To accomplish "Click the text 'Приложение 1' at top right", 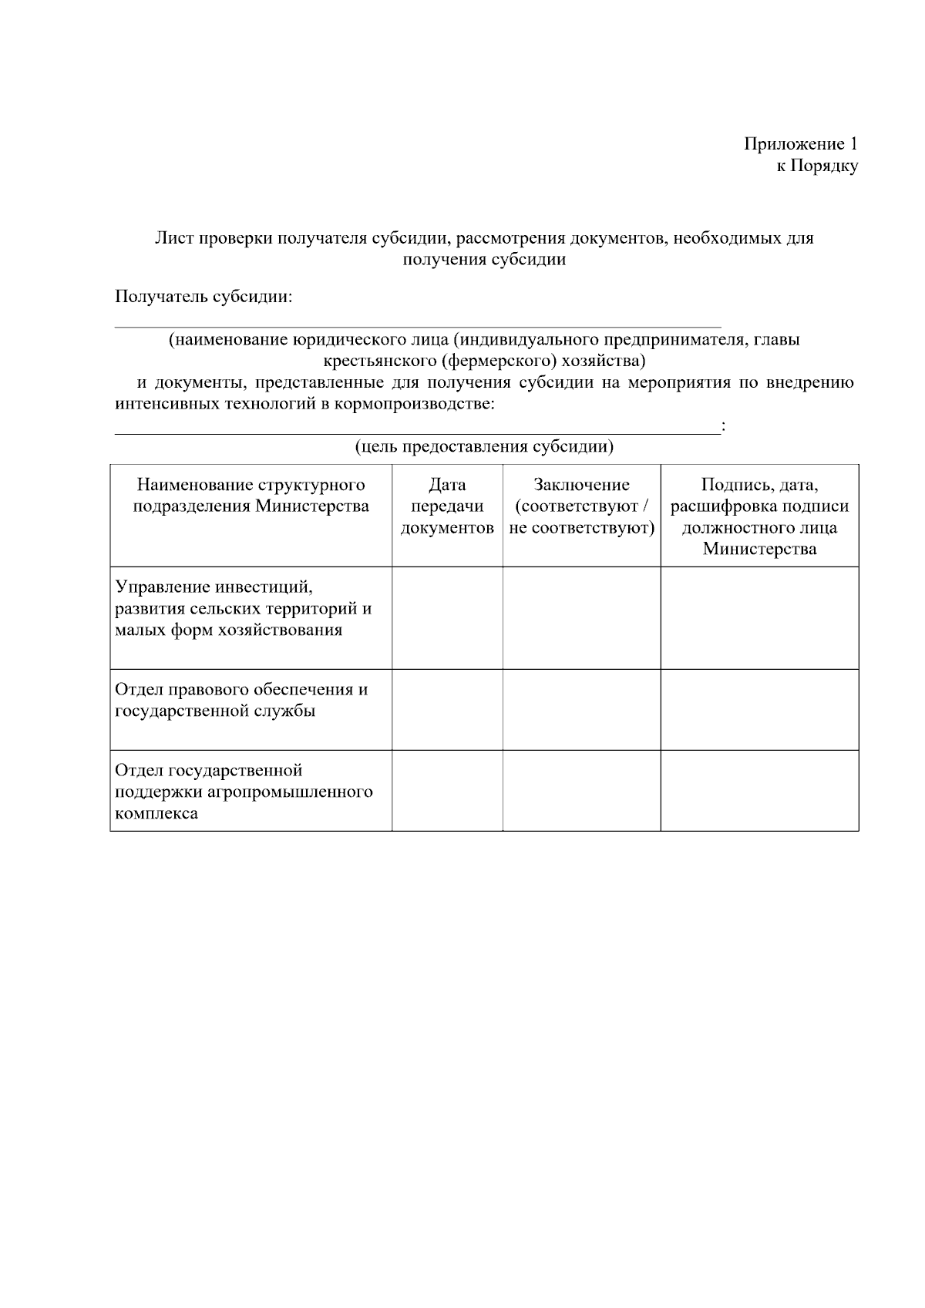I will tap(800, 144).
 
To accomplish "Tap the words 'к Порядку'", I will tap(816, 166).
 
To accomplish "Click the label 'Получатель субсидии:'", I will tap(203, 297).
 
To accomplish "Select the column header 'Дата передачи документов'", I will tap(447, 506).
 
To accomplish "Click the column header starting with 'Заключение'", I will tap(581, 506).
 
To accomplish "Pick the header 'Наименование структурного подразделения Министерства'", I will tap(251, 496).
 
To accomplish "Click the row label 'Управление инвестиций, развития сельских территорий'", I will tap(243, 609).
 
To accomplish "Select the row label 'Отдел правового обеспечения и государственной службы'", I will tap(241, 700).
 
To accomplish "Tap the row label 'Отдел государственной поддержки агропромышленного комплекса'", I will tap(244, 792).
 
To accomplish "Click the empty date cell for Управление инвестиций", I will tap(447, 617).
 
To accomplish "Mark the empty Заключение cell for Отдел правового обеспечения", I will tap(581, 709).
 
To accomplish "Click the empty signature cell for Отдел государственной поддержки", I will tap(759, 790).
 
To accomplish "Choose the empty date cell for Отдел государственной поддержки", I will tap(447, 790).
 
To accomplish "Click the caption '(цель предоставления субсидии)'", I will tap(484, 447).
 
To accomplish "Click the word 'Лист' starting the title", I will tap(173, 238).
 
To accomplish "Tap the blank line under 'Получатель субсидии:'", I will tap(417, 325).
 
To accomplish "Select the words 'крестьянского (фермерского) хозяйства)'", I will tap(483, 361).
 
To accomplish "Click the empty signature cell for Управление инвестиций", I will tap(759, 617).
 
